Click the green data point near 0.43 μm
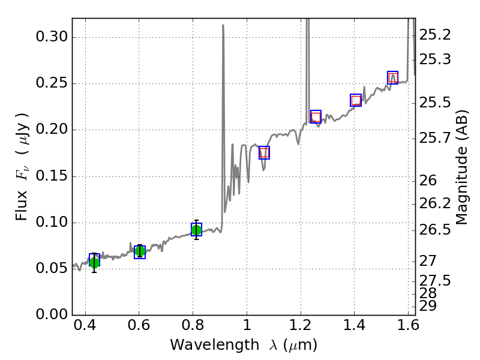pyautogui.click(x=94, y=262)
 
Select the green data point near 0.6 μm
pyautogui.click(x=140, y=251)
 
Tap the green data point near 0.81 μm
pyautogui.click(x=196, y=230)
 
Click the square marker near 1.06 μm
pyautogui.click(x=264, y=153)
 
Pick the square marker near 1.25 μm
pyautogui.click(x=316, y=116)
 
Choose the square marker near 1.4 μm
pyautogui.click(x=356, y=100)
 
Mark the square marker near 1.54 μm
pyautogui.click(x=392, y=77)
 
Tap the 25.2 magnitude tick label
pyautogui.click(x=435, y=35)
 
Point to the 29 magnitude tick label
pyautogui.click(x=429, y=305)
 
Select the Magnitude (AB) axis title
pyautogui.click(x=461, y=167)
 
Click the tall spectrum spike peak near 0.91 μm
pyautogui.click(x=223, y=26)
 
